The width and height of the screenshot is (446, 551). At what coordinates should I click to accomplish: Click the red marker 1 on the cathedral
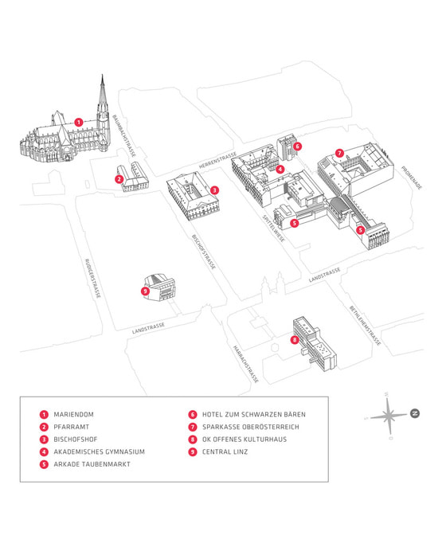[78, 122]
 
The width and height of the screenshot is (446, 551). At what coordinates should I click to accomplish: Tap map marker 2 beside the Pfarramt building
[118, 179]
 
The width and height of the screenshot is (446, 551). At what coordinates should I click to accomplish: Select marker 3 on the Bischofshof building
[215, 190]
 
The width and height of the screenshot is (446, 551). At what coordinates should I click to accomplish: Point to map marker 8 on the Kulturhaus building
[294, 340]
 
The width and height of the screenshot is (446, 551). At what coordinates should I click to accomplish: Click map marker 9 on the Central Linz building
[145, 291]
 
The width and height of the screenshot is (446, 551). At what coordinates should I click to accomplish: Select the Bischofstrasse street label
[204, 252]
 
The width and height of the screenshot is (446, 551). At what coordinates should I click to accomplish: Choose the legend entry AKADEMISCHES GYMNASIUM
[99, 451]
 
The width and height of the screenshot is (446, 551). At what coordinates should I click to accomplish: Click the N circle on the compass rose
[415, 413]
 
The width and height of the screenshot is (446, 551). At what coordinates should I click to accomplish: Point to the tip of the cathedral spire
[103, 76]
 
